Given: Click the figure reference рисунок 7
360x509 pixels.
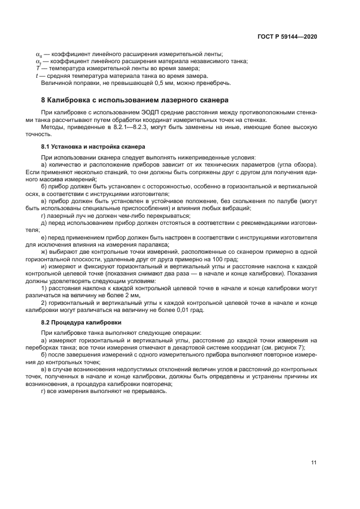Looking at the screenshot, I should [289, 347].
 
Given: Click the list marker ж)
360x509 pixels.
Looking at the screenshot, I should [45, 252].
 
